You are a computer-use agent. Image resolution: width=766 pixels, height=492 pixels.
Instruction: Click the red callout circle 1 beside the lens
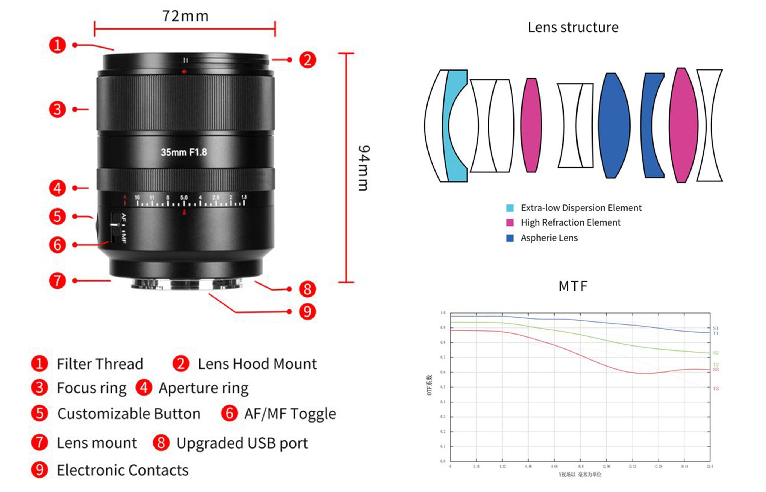(x=57, y=45)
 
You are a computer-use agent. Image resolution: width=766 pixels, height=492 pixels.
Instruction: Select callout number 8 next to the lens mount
(x=307, y=289)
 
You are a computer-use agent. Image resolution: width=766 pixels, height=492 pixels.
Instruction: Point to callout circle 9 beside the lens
(x=307, y=312)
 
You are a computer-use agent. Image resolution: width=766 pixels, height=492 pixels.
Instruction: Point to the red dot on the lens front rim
(x=184, y=72)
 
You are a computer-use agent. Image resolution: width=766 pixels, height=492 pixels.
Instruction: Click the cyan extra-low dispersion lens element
(x=454, y=126)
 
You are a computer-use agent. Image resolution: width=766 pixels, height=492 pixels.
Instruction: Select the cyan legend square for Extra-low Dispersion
(x=510, y=208)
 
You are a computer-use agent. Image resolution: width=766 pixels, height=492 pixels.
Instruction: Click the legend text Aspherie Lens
(x=549, y=238)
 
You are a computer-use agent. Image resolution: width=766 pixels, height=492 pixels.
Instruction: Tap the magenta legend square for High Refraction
(x=510, y=223)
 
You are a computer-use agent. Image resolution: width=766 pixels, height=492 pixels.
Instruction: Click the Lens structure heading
(x=573, y=28)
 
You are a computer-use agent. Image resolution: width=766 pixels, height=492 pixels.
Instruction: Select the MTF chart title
(x=573, y=286)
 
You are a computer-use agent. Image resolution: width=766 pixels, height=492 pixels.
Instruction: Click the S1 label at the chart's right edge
(x=715, y=328)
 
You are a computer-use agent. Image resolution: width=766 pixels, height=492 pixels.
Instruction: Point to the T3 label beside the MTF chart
(x=715, y=389)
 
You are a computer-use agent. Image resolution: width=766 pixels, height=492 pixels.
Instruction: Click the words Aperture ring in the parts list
(x=204, y=388)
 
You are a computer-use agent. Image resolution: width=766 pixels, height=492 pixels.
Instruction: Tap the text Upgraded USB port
(x=242, y=443)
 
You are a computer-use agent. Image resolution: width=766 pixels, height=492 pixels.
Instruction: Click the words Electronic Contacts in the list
(x=123, y=470)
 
